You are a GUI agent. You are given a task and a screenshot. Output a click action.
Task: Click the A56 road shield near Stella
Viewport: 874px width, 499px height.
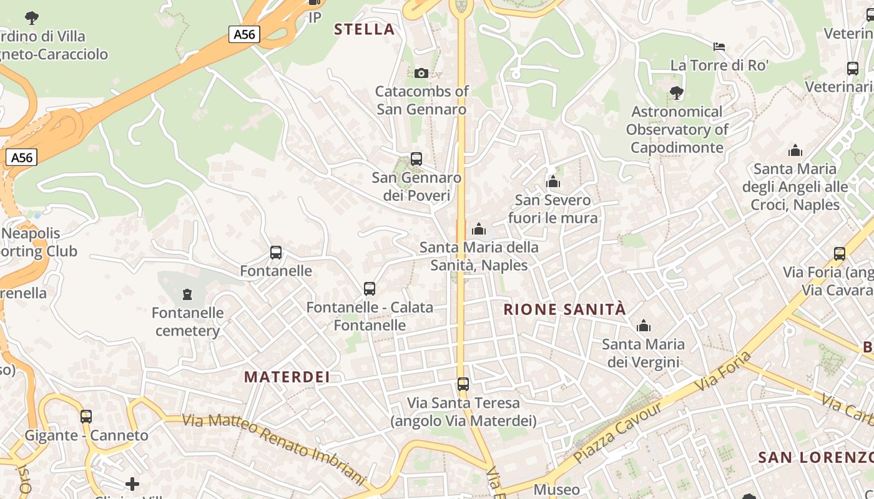click(244, 34)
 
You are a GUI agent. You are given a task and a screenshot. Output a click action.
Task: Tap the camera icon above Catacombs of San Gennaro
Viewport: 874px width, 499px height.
click(421, 73)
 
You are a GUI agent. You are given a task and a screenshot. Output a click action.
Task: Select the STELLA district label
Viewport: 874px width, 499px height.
click(365, 29)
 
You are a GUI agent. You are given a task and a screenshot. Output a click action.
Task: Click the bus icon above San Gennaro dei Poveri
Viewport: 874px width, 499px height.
click(416, 159)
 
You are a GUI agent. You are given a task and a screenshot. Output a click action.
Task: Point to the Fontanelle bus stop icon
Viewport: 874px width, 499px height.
click(276, 253)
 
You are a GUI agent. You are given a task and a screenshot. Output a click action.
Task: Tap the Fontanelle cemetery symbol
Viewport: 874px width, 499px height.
click(187, 294)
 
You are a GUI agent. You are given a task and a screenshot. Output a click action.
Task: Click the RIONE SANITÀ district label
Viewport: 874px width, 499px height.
click(564, 309)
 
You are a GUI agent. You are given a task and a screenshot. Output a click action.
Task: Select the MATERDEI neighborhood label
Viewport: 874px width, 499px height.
click(287, 377)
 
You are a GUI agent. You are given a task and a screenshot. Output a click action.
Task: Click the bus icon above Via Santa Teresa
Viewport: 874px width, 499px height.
click(463, 384)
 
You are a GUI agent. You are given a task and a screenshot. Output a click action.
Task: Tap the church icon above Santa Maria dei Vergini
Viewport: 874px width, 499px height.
click(643, 326)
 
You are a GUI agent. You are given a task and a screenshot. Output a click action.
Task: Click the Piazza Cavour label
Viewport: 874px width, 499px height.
click(617, 432)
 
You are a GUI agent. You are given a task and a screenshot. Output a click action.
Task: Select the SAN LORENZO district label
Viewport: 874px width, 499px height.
click(815, 457)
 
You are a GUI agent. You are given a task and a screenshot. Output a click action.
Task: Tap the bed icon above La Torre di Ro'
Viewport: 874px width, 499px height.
click(719, 46)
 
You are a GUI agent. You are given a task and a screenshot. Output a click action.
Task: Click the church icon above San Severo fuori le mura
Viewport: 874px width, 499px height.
click(552, 182)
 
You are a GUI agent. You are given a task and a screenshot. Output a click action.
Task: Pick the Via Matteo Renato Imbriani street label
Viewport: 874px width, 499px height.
click(273, 450)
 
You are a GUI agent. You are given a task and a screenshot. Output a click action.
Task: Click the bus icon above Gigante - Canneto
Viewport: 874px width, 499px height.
click(86, 416)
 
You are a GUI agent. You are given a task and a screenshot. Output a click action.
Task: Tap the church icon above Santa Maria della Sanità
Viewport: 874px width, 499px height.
click(479, 229)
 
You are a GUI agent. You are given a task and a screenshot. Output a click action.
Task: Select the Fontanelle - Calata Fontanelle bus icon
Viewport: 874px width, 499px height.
click(370, 289)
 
